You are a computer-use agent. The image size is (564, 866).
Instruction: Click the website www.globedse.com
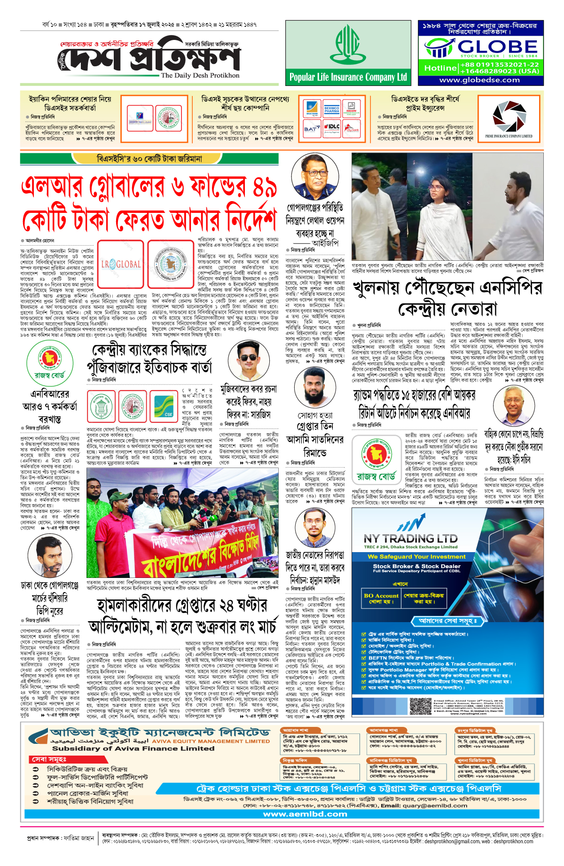[x=479, y=80]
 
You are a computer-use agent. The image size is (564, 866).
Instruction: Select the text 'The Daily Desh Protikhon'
[x=200, y=75]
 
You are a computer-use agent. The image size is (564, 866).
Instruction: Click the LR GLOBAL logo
[x=121, y=264]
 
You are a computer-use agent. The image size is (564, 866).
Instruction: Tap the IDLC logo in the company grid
[x=332, y=127]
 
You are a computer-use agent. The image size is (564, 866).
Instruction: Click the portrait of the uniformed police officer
[x=315, y=177]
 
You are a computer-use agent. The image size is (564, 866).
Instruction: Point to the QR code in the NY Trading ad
[x=420, y=706]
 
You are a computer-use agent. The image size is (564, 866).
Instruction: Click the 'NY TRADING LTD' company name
[x=410, y=538]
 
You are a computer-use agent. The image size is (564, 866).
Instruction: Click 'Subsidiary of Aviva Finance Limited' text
[x=133, y=749]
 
